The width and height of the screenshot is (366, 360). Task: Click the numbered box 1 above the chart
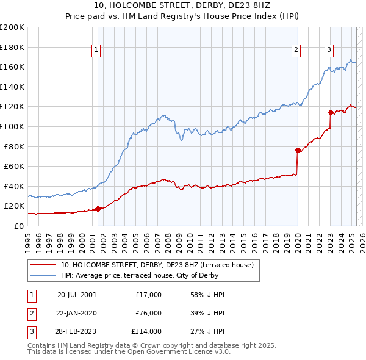(97, 51)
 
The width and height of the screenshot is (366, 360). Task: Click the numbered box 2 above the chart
(296, 51)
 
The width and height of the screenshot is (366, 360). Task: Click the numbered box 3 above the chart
(329, 51)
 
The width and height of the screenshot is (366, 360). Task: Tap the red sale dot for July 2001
(98, 209)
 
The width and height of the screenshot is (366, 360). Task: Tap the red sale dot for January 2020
(298, 150)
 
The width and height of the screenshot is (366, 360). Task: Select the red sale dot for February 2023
(331, 112)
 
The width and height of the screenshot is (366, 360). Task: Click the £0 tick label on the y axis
(19, 226)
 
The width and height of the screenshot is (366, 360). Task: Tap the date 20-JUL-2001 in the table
(76, 295)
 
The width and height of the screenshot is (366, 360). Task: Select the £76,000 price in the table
(149, 313)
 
